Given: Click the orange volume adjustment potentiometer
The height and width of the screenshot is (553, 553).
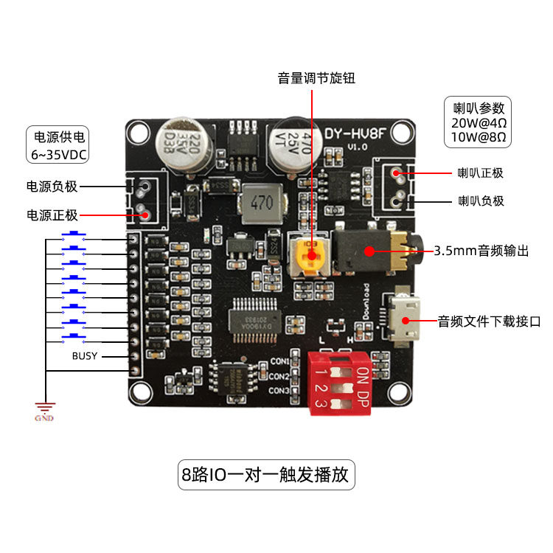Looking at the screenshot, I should pyautogui.click(x=310, y=255).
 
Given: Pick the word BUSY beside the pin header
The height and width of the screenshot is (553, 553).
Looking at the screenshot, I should pyautogui.click(x=85, y=356).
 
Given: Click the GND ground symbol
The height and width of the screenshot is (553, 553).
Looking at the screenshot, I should pyautogui.click(x=45, y=409).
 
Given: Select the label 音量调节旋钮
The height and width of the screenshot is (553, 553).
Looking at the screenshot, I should pyautogui.click(x=315, y=77).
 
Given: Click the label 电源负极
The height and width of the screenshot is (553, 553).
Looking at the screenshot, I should pyautogui.click(x=52, y=187).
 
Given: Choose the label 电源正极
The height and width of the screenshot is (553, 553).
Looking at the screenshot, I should pyautogui.click(x=52, y=215).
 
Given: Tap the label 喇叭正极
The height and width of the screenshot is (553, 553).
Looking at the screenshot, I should pyautogui.click(x=481, y=173).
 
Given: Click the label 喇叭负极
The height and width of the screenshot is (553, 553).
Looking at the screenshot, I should pyautogui.click(x=481, y=200).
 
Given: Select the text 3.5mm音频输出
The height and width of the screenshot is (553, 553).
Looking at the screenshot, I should pyautogui.click(x=481, y=251).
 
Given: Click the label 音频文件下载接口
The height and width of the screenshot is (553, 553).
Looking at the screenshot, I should pyautogui.click(x=490, y=321).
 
